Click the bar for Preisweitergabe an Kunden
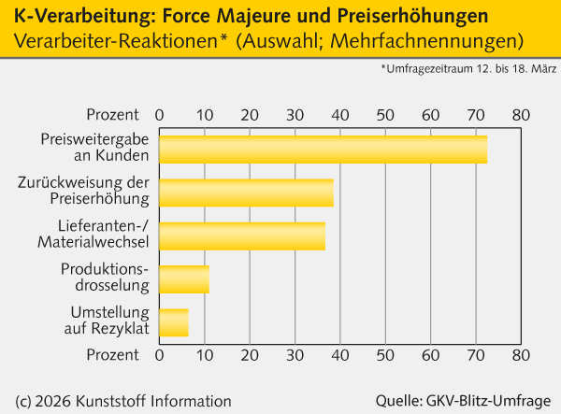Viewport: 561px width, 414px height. (x=323, y=150)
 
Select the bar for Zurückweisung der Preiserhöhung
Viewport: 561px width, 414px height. (x=246, y=192)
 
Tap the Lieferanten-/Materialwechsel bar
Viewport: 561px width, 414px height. (x=242, y=236)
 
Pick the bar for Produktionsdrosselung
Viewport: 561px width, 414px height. (x=183, y=278)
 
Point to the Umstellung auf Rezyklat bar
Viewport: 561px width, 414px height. (x=174, y=321)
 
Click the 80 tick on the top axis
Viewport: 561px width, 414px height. (x=521, y=114)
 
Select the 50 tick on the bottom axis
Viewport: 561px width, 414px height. (x=385, y=355)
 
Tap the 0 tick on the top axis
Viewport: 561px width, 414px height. (x=159, y=114)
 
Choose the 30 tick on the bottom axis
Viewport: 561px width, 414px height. (x=295, y=355)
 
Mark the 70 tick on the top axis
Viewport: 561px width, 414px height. (x=476, y=114)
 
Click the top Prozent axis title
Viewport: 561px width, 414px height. (x=113, y=114)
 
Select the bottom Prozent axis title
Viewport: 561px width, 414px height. (x=113, y=355)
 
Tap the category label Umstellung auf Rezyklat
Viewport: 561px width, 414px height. (x=110, y=321)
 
